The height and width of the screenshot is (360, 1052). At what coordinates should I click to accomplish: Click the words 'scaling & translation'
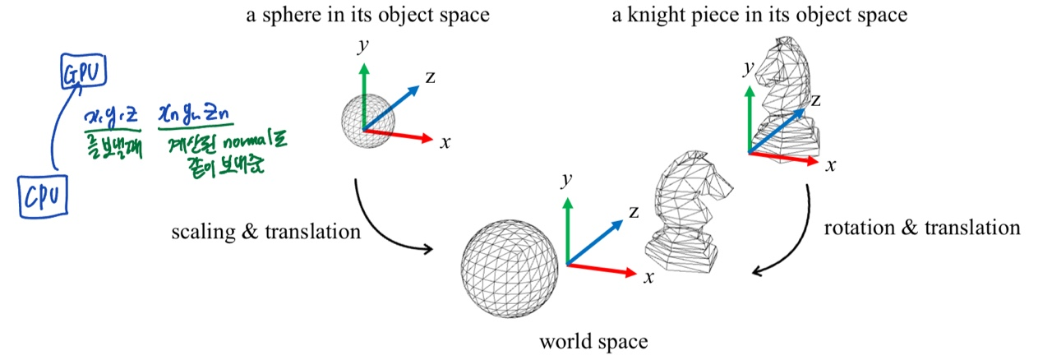tap(265, 232)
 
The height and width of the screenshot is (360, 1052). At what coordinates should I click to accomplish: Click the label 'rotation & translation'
tap(922, 228)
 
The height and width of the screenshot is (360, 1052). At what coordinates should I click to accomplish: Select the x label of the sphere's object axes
tap(445, 142)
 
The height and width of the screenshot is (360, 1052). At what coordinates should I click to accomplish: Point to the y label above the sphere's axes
tap(362, 45)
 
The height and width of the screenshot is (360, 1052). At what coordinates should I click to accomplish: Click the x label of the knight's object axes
tap(831, 165)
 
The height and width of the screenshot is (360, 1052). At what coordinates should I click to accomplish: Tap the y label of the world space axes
tap(566, 178)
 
